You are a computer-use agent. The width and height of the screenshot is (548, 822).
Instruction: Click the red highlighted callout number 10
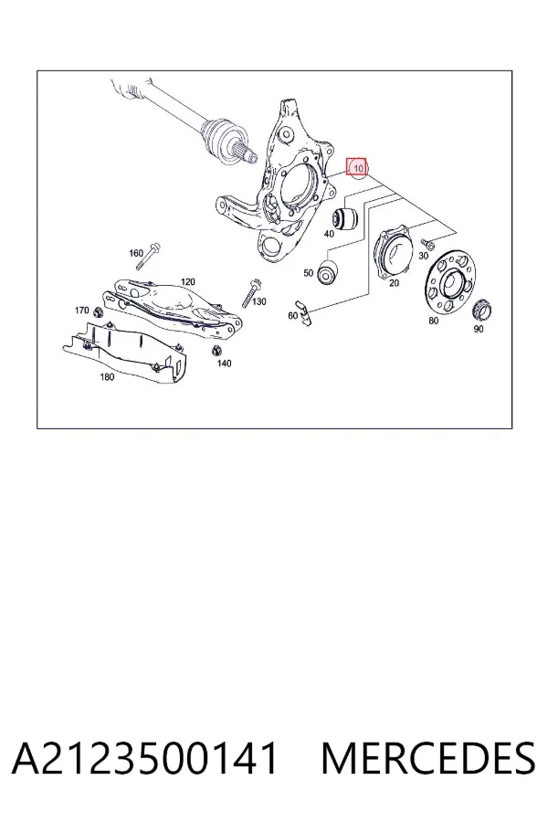pyautogui.click(x=358, y=167)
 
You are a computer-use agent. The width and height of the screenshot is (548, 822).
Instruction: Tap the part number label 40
pyautogui.click(x=329, y=234)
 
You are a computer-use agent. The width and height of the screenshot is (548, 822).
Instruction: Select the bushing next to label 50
pyautogui.click(x=328, y=272)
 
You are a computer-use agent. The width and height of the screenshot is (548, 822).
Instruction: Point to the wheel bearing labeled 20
pyautogui.click(x=392, y=252)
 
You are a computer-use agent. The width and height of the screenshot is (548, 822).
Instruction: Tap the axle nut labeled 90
pyautogui.click(x=482, y=311)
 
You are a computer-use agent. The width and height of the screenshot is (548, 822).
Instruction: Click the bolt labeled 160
pyautogui.click(x=148, y=257)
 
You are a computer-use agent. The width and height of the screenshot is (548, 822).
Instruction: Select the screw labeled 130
pyautogui.click(x=249, y=293)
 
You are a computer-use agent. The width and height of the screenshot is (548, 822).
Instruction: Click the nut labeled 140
pyautogui.click(x=216, y=350)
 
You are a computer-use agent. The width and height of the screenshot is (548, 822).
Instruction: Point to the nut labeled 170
pyautogui.click(x=97, y=313)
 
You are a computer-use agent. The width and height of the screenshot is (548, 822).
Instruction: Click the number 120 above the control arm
pyautogui.click(x=188, y=282)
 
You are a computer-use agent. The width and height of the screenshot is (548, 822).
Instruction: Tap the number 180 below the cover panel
pyautogui.click(x=107, y=377)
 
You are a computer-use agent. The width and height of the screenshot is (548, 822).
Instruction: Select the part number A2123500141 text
pyautogui.click(x=144, y=758)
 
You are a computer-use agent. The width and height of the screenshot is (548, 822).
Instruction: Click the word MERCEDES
pyautogui.click(x=428, y=758)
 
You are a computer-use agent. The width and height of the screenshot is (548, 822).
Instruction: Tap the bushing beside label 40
pyautogui.click(x=345, y=217)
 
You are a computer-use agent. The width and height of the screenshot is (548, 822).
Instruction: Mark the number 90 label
pyautogui.click(x=479, y=329)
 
